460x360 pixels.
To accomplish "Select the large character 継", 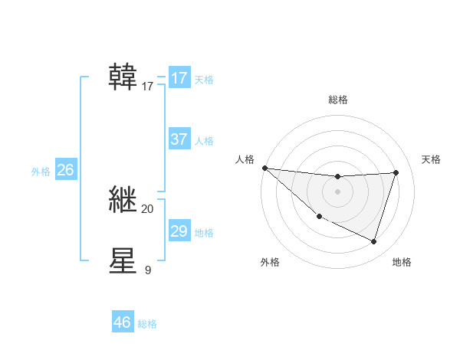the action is click(x=123, y=199).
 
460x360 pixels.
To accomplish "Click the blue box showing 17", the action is click(x=179, y=78).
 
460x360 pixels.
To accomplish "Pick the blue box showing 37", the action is click(x=179, y=139).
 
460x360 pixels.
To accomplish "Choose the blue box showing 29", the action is click(x=179, y=231).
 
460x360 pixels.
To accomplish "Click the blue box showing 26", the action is click(x=65, y=170).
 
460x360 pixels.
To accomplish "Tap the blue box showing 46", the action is click(x=122, y=322).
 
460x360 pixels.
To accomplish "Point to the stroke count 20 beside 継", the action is click(x=147, y=209).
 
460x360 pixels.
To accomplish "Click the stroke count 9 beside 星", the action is click(x=147, y=270).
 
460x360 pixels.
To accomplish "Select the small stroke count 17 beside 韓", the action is click(x=147, y=87).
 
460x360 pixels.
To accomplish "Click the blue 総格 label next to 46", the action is click(x=147, y=324).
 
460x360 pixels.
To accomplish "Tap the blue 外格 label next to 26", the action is click(x=41, y=172).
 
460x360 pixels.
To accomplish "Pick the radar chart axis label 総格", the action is click(x=337, y=100).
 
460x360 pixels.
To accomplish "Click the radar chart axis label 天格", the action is click(x=432, y=159).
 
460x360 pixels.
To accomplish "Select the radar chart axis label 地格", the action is click(x=402, y=262).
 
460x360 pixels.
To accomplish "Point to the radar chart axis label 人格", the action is click(x=245, y=159).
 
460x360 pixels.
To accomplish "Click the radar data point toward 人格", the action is click(x=264, y=168).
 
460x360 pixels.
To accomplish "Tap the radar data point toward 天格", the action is click(x=396, y=172).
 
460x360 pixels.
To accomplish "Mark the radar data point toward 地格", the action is click(x=374, y=241).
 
